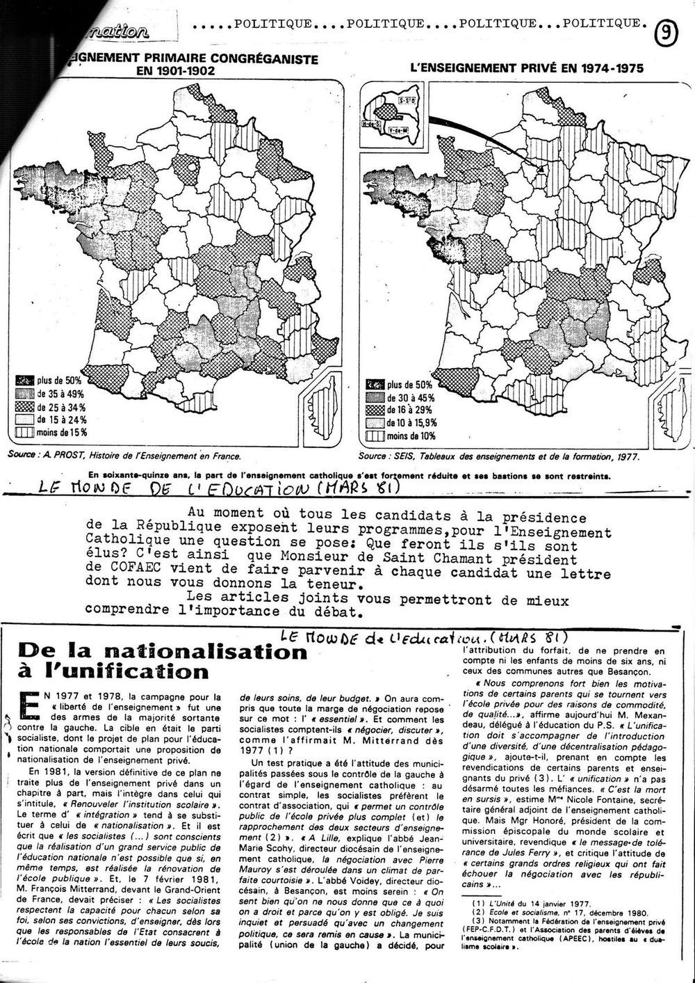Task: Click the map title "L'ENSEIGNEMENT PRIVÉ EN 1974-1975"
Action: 526,68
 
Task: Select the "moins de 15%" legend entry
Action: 62,432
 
